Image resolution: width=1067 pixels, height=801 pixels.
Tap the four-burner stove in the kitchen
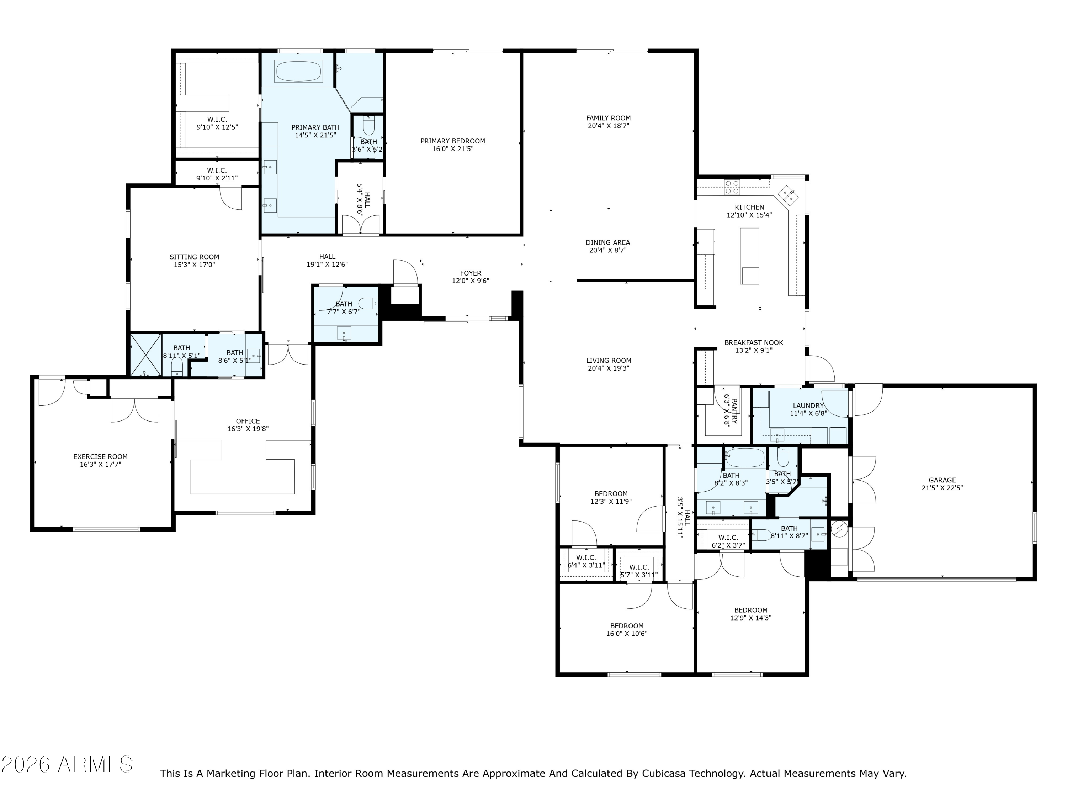(x=732, y=187)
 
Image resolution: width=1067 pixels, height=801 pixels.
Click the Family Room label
(x=608, y=118)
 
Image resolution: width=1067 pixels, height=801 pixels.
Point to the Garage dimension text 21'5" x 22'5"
(x=942, y=488)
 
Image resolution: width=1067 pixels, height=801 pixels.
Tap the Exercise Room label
(x=100, y=456)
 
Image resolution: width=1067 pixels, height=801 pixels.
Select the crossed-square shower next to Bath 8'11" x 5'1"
(x=146, y=355)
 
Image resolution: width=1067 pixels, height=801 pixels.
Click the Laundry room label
(x=808, y=405)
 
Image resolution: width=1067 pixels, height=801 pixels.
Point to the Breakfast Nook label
(x=753, y=342)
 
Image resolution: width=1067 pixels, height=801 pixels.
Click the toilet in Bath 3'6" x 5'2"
(x=368, y=126)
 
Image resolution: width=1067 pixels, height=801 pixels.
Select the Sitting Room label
(x=195, y=257)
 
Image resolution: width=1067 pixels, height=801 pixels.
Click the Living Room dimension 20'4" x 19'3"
(x=608, y=368)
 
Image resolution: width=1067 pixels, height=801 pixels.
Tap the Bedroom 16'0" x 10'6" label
(x=627, y=626)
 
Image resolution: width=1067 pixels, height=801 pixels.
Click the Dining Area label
(x=608, y=242)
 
